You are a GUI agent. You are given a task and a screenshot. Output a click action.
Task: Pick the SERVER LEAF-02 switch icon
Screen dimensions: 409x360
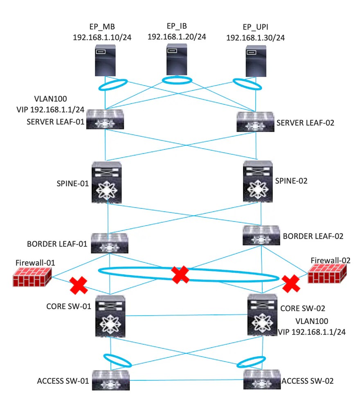coord(256,122)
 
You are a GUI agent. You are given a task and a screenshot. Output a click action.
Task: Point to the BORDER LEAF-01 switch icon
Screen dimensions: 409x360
coord(110,243)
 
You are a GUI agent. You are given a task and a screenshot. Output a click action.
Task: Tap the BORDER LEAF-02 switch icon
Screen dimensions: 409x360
coord(261,235)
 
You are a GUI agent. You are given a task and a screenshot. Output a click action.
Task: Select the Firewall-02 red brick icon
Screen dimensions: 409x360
coord(328,274)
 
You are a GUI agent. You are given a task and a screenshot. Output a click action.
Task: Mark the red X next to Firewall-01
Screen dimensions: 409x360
coord(79,286)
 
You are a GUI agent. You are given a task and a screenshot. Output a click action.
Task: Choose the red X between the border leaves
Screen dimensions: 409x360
coord(180,275)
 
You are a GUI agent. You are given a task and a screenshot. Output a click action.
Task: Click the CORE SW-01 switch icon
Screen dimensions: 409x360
coord(110,314)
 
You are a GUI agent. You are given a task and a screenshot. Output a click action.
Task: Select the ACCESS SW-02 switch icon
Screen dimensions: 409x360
coord(262,380)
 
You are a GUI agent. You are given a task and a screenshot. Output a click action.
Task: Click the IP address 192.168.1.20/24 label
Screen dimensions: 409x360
coord(177,36)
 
